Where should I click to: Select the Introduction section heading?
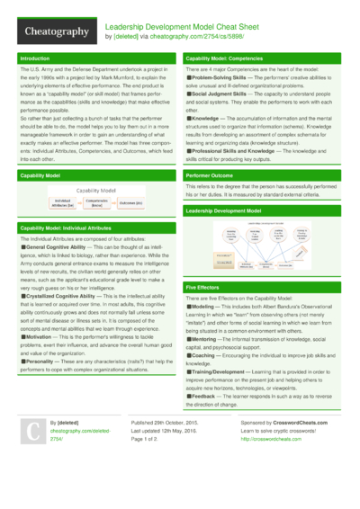click(x=35, y=58)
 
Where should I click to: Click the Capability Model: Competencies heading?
click(x=229, y=58)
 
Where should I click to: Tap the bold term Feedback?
click(x=206, y=394)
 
